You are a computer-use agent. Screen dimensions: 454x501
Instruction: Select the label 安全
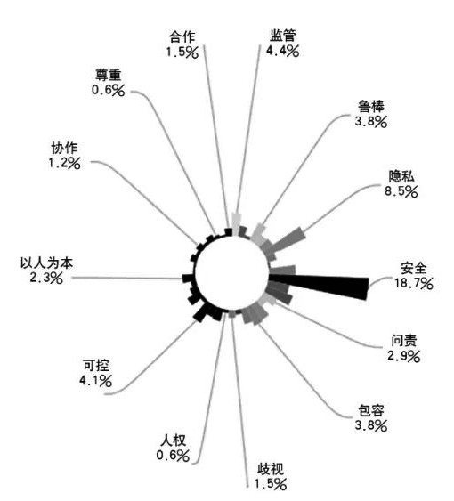click(413, 268)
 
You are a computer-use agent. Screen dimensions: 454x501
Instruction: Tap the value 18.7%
click(413, 283)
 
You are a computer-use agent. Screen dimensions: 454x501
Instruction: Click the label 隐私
click(401, 177)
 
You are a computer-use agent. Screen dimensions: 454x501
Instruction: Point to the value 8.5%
click(401, 191)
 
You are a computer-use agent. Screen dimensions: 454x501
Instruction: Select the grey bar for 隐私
click(288, 239)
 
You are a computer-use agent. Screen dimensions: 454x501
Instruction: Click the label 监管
click(282, 36)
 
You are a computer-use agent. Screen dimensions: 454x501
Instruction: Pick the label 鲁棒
click(371, 107)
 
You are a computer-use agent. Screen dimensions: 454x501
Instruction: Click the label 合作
click(182, 36)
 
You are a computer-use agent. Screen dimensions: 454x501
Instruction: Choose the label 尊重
click(109, 75)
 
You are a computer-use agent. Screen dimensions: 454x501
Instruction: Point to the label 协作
click(65, 149)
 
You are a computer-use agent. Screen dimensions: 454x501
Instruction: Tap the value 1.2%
click(65, 163)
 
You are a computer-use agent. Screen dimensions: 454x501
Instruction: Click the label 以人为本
click(46, 263)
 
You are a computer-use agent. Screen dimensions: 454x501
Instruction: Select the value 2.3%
click(46, 278)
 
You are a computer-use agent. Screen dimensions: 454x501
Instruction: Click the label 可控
click(96, 366)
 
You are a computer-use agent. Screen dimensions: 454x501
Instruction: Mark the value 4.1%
click(96, 380)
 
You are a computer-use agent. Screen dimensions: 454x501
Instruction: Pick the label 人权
click(173, 440)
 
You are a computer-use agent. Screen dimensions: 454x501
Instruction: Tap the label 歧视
click(271, 469)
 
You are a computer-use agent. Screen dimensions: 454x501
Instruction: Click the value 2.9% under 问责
click(404, 356)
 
